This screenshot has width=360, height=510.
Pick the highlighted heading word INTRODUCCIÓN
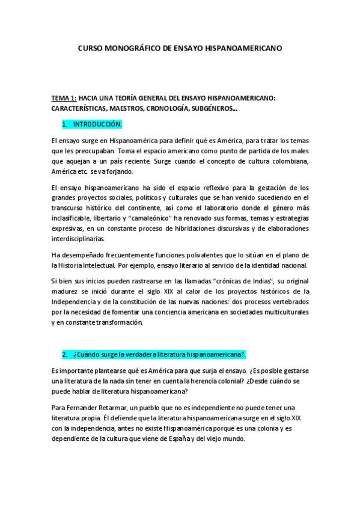(97, 124)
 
